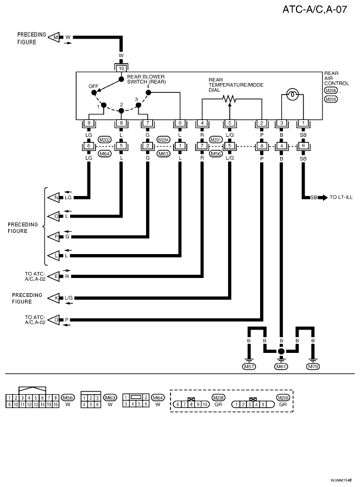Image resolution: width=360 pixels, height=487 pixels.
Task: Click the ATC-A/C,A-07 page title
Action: point(314,9)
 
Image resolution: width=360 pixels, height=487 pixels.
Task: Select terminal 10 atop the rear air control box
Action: point(122,68)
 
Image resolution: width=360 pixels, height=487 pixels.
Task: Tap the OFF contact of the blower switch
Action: point(94,92)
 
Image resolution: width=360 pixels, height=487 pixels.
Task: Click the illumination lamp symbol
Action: point(292,94)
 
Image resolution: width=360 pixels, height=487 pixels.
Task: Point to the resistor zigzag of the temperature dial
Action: point(230,99)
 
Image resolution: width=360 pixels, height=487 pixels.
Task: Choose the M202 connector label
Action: point(105,140)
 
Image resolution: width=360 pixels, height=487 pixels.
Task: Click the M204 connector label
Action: point(163,140)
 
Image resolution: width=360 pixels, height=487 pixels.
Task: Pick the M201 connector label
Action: point(216,140)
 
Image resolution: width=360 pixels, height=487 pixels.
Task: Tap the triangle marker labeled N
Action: point(54,197)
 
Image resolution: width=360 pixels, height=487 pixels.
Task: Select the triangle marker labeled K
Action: point(54,298)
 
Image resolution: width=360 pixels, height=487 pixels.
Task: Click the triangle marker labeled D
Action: point(54,320)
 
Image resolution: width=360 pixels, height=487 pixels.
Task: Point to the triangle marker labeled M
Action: point(54,37)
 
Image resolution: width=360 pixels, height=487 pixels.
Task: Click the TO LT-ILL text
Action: point(341,197)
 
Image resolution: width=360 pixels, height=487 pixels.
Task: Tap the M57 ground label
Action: point(249,367)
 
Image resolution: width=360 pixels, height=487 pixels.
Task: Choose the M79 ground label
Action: point(313,367)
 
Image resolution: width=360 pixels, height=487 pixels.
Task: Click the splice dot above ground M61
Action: point(281,352)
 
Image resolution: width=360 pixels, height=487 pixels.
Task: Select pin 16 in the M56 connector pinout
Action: point(55,404)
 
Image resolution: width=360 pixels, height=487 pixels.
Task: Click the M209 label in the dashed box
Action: point(283,398)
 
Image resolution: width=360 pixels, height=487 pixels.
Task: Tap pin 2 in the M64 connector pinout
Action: point(146,397)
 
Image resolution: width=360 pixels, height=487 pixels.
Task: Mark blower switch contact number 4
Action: point(148,92)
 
